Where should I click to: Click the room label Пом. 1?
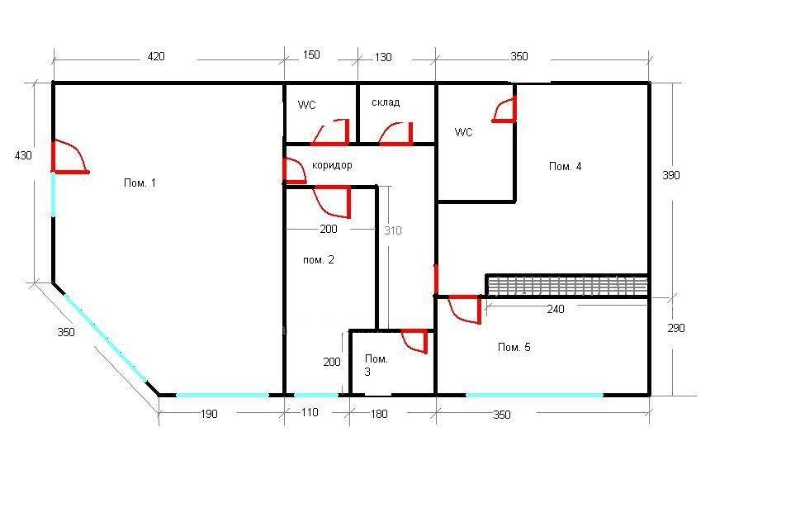click(140, 183)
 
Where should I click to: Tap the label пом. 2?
click(319, 259)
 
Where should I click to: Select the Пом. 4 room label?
click(565, 167)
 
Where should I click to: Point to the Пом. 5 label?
click(514, 347)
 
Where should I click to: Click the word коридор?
click(332, 165)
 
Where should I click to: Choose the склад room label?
click(386, 102)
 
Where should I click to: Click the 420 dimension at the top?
click(156, 56)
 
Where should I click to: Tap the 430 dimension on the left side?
click(23, 155)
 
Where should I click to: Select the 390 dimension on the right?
click(670, 175)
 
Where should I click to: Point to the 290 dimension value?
click(675, 328)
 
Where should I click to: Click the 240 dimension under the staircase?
click(556, 310)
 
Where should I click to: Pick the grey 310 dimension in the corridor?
click(393, 230)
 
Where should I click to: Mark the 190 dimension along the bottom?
click(209, 414)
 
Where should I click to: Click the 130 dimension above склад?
click(383, 57)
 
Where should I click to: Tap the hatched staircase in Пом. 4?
click(567, 285)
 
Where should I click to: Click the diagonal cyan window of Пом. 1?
click(105, 338)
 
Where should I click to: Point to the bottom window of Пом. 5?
click(535, 395)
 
